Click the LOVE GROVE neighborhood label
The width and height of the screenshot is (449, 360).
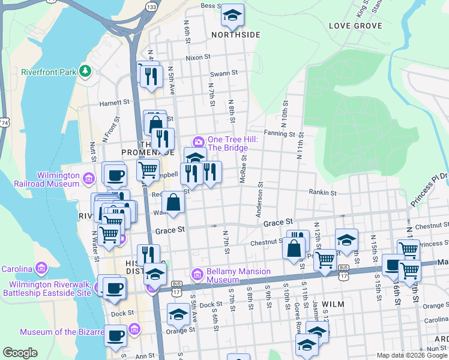356,26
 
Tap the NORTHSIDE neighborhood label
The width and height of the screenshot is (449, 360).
235,35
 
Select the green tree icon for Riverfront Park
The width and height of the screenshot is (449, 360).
85,72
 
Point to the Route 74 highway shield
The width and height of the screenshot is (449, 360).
5,122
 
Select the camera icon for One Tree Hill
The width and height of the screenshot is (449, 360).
199,142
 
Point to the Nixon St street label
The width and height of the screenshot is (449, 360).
198,58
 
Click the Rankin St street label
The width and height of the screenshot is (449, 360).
322,193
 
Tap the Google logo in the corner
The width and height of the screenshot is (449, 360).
20,353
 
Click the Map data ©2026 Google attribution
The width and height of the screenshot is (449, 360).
411,355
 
